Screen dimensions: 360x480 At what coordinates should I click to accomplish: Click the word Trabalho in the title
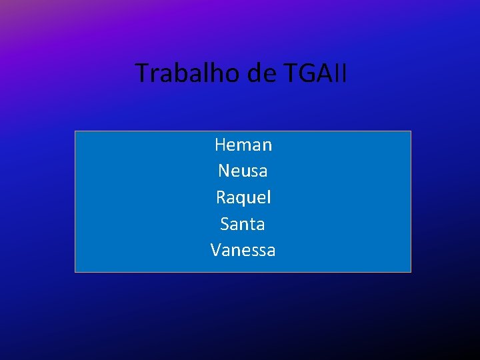(189, 73)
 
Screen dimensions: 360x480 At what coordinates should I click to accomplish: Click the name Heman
(243, 144)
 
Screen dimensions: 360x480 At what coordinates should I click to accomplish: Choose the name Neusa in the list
(243, 171)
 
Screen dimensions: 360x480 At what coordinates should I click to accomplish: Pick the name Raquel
(243, 198)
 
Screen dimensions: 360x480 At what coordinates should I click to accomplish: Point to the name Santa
(243, 224)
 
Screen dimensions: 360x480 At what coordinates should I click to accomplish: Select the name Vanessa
(243, 251)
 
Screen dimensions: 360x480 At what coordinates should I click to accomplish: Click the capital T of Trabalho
(143, 73)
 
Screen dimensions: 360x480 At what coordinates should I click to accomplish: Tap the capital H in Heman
(220, 144)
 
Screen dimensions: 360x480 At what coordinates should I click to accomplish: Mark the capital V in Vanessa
(216, 251)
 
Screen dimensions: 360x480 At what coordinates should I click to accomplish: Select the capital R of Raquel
(221, 197)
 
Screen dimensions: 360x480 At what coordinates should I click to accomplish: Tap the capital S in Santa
(225, 224)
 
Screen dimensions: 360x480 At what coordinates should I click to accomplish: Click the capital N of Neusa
(224, 171)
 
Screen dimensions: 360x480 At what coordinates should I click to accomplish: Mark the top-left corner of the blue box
(75, 131)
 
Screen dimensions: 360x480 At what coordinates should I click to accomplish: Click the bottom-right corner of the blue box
(411, 272)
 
